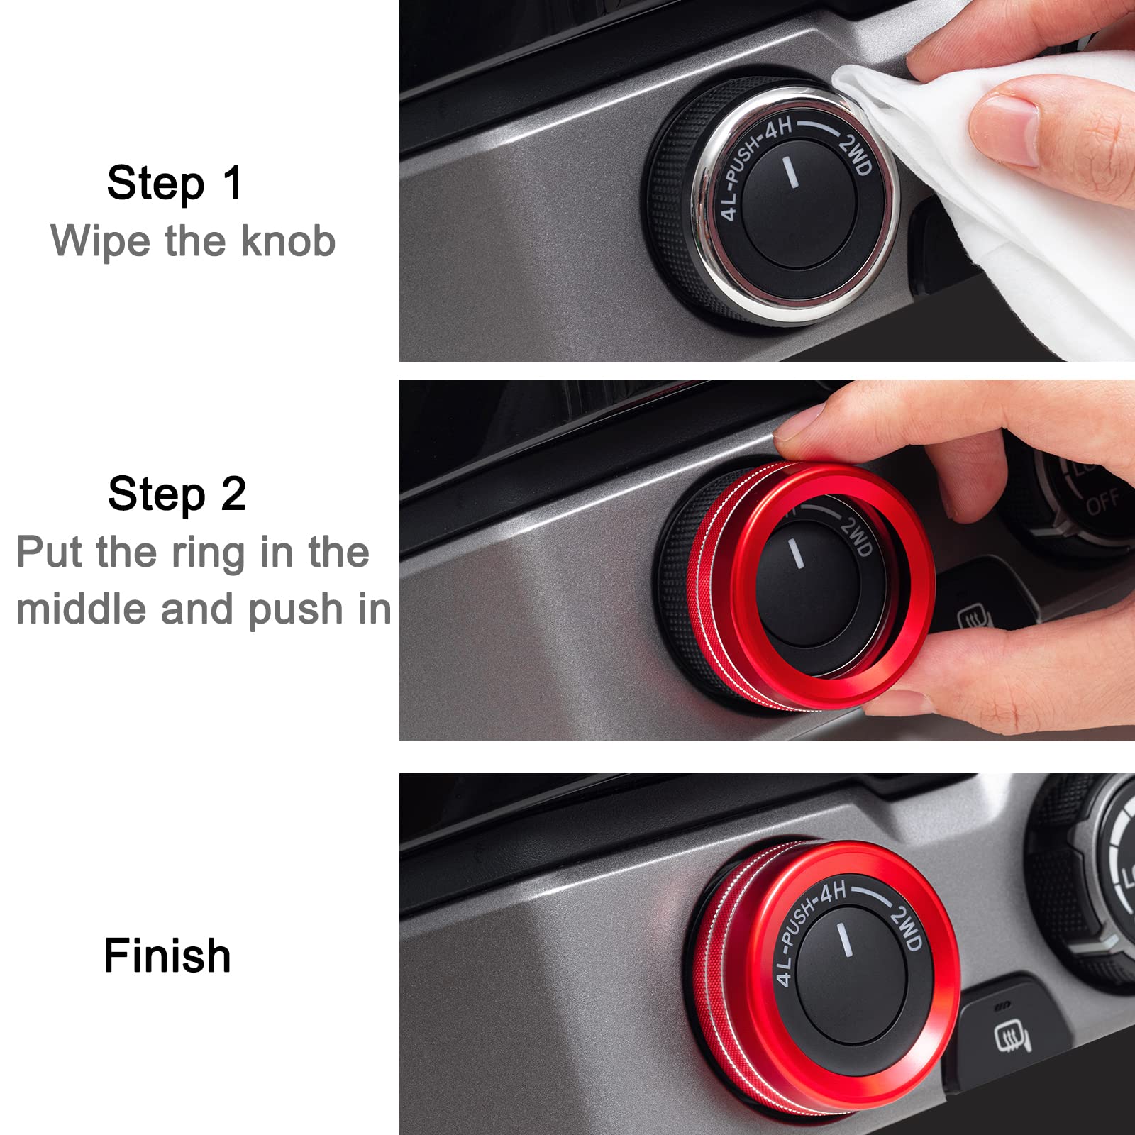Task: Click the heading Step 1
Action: click(x=175, y=183)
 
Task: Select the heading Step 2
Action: click(x=177, y=494)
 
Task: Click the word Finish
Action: click(x=167, y=956)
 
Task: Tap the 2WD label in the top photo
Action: click(x=855, y=153)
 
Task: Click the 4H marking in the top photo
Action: click(x=777, y=129)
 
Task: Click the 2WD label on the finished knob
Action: click(x=906, y=927)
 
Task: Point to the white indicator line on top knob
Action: click(x=790, y=172)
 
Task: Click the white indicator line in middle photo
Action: click(x=797, y=553)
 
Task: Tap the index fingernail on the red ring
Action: click(x=798, y=429)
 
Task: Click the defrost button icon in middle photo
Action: click(x=970, y=619)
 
